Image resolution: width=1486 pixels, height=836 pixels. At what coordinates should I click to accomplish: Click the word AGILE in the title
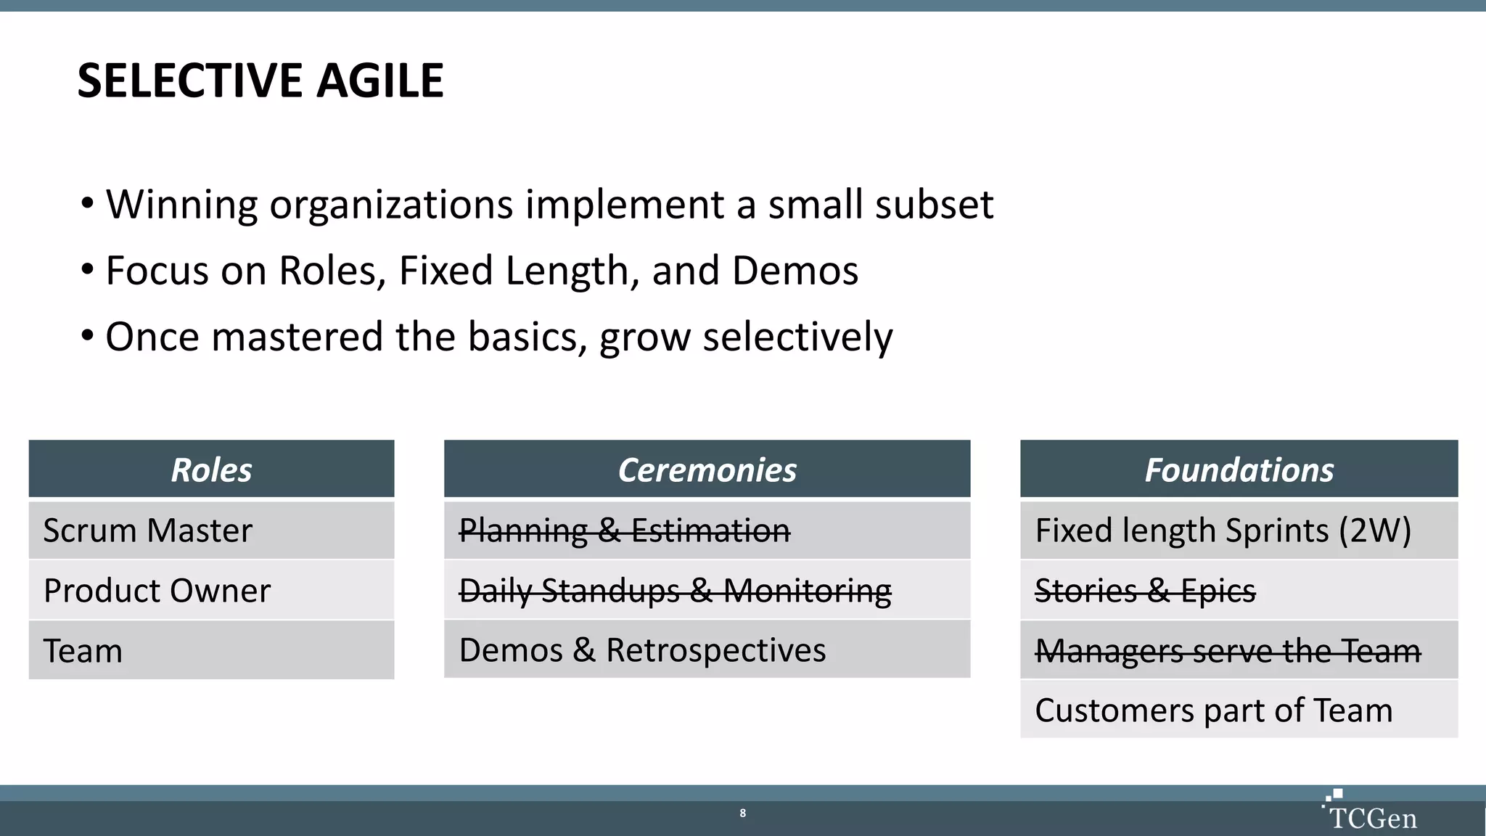click(x=379, y=81)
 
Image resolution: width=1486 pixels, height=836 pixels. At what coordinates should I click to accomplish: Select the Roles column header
click(x=211, y=470)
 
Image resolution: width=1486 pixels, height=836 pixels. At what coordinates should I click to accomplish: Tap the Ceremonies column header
click(x=707, y=470)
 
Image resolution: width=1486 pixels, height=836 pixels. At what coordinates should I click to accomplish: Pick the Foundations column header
click(x=1239, y=470)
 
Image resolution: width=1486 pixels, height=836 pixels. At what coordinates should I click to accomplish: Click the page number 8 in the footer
click(x=742, y=813)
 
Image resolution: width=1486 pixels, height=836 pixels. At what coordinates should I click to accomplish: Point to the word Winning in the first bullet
click(x=181, y=205)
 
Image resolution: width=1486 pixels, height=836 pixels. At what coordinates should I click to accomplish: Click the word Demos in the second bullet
click(x=795, y=271)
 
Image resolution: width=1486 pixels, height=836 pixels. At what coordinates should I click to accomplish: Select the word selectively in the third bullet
click(x=797, y=337)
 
